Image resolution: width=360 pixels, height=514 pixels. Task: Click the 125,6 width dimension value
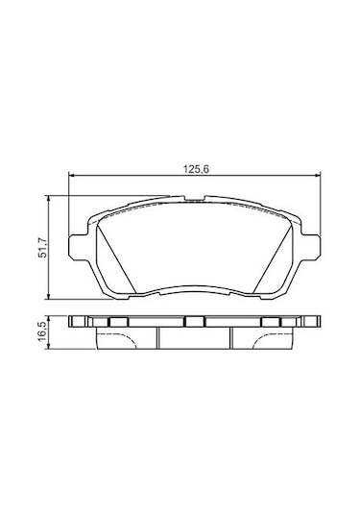pyautogui.click(x=196, y=169)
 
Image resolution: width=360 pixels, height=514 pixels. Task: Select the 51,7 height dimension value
pyautogui.click(x=43, y=248)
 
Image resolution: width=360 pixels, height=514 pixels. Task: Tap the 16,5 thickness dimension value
pyautogui.click(x=43, y=331)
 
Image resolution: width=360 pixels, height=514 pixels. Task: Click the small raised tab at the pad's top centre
pyautogui.click(x=195, y=198)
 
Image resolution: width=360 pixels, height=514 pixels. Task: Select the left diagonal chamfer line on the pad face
pyautogui.click(x=116, y=257)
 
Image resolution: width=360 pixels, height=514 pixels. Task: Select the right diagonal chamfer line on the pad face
pyautogui.click(x=273, y=257)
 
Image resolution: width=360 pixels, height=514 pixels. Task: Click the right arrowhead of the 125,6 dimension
pyautogui.click(x=318, y=177)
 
